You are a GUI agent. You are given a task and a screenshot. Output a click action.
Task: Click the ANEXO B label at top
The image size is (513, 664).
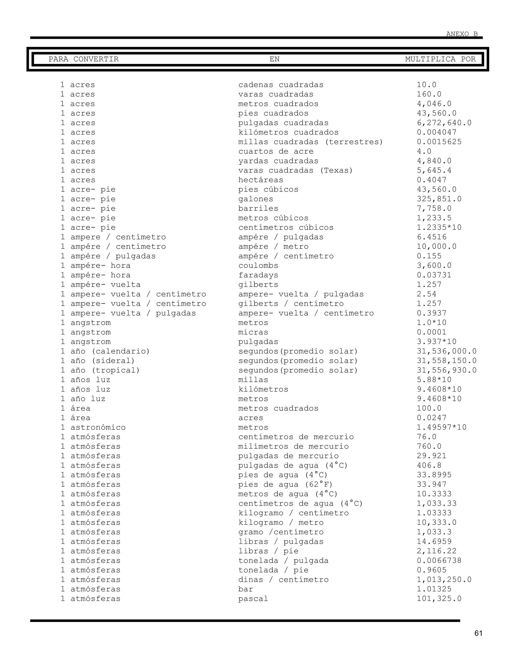point(462,34)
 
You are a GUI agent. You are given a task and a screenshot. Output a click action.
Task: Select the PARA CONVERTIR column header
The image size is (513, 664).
point(84,59)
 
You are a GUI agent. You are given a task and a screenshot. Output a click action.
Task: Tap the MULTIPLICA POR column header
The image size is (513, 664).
point(440,59)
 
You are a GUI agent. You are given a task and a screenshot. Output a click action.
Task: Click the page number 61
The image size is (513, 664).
point(478,633)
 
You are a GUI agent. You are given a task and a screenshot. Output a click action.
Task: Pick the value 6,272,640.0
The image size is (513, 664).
point(444,123)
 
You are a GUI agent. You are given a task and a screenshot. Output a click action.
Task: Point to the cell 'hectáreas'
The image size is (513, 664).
point(261,180)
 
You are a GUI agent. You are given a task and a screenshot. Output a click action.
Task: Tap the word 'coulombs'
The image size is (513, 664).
point(258,266)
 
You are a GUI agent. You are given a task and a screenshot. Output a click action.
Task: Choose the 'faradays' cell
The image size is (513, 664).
point(258,275)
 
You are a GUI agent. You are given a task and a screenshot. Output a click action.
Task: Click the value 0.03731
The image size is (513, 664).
point(434,275)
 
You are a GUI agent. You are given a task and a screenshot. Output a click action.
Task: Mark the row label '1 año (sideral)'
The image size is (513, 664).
point(97,361)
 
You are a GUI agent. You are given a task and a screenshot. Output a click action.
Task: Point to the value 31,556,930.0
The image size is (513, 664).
point(446,370)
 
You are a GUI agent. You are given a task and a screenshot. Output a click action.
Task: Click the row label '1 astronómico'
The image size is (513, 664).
point(93,427)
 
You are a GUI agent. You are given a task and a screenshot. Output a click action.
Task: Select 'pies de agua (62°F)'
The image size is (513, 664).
point(285,485)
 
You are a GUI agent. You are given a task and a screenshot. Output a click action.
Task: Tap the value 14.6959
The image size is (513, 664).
point(434,542)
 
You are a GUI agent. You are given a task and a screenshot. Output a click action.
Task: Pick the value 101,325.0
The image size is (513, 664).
point(439,599)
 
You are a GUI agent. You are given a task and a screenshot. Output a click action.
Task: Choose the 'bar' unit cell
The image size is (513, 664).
point(245,589)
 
